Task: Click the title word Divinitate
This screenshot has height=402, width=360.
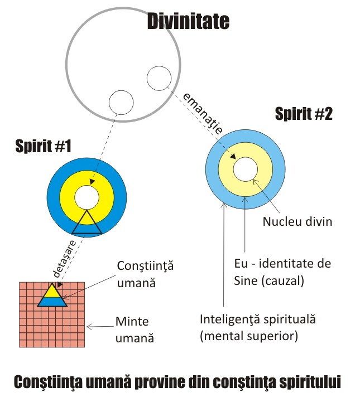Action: click(x=188, y=22)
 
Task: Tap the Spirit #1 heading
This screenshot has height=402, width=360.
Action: click(x=42, y=147)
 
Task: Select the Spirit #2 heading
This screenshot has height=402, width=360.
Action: click(x=304, y=115)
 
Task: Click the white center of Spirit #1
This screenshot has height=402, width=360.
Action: click(x=86, y=197)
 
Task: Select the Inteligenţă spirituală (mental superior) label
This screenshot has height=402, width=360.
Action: click(x=258, y=328)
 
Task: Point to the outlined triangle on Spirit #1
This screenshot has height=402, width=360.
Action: click(x=86, y=222)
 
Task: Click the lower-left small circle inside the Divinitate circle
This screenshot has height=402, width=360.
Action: click(x=120, y=101)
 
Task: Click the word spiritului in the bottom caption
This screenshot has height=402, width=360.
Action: click(x=306, y=383)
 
